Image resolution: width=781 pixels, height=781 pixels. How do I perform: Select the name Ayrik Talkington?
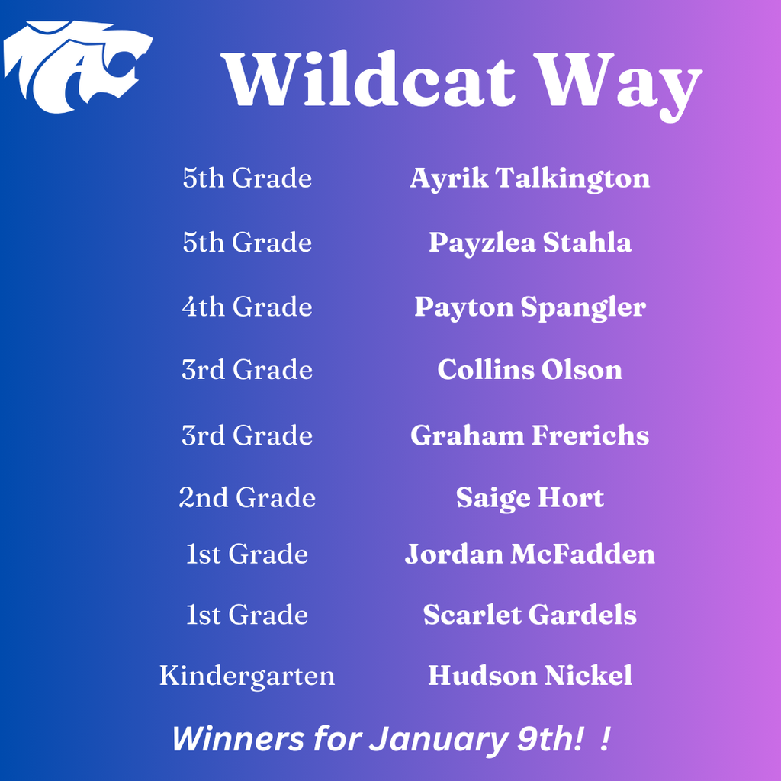529,178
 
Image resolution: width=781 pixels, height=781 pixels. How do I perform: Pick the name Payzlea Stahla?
529,243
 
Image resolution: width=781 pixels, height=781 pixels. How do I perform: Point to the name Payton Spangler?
529,307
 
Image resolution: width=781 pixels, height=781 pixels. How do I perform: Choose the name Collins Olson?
529,370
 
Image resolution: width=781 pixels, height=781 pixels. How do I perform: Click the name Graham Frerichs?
529,435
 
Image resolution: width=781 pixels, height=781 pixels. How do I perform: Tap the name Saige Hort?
529,499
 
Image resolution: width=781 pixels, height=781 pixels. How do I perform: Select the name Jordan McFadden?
529,554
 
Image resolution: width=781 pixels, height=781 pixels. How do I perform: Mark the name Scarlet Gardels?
529,615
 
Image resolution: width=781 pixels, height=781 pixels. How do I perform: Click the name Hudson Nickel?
529,676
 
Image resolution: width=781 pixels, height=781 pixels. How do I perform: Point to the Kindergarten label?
247,676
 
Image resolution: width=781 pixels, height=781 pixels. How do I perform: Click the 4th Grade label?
247,307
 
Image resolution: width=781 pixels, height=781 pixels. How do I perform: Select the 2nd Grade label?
247,499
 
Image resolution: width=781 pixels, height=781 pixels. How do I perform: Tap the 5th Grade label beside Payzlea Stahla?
247,243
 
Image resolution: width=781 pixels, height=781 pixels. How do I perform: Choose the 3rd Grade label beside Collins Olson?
247,370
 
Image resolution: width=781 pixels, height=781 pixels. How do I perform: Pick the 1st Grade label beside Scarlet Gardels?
247,615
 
